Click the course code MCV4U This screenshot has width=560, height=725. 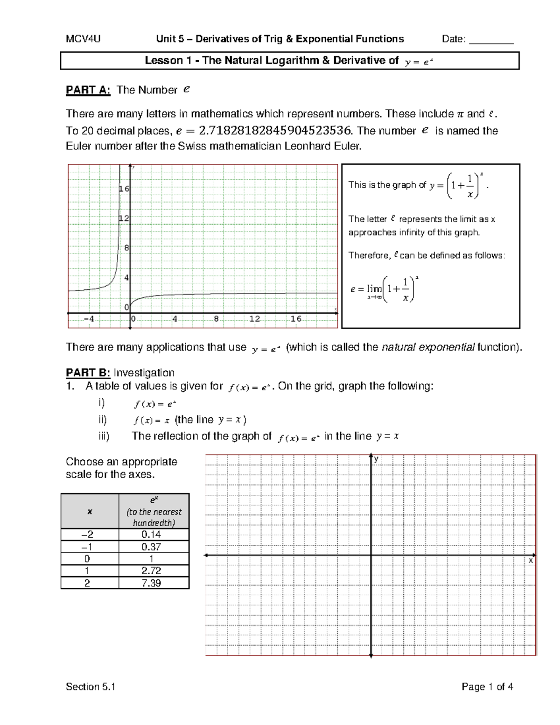click(x=83, y=39)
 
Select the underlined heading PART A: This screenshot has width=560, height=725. click(x=88, y=90)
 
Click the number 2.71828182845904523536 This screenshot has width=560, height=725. click(x=275, y=131)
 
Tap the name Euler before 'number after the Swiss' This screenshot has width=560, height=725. click(x=79, y=146)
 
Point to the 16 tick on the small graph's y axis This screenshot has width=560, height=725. click(x=124, y=189)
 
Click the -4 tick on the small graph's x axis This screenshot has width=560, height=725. click(x=89, y=319)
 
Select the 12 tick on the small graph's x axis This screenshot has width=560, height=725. click(x=254, y=319)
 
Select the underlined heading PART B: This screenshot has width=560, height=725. click(x=88, y=373)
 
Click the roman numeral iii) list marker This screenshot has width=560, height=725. click(x=104, y=436)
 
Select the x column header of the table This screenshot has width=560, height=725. click(x=90, y=512)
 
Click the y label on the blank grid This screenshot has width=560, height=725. click(x=376, y=459)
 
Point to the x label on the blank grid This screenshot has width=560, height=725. click(x=531, y=561)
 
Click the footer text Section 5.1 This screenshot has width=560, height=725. click(x=91, y=687)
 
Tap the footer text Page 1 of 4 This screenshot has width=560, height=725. click(x=487, y=687)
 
